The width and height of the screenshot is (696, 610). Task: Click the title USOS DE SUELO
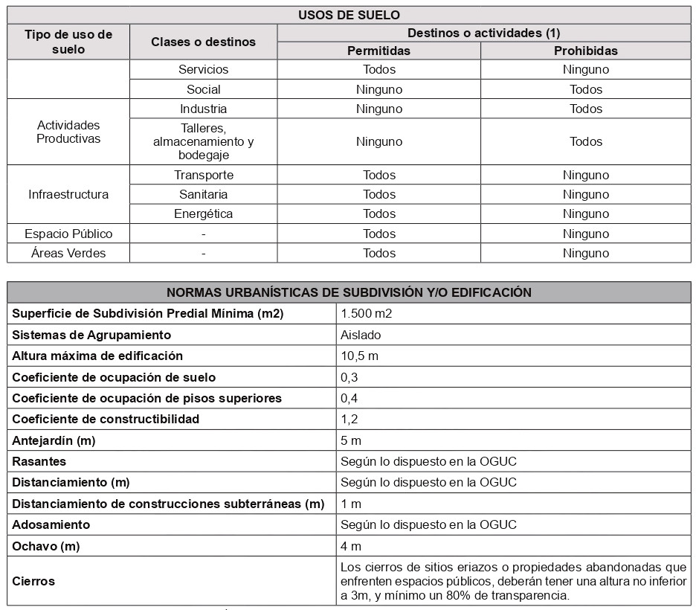pos(349,15)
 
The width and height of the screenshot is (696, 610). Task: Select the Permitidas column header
pos(378,51)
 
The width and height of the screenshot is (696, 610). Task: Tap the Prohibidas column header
pos(585,51)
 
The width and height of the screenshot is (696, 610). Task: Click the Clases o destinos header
pos(203,42)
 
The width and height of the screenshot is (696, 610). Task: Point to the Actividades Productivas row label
pos(68,132)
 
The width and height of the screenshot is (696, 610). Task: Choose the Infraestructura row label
pos(68,194)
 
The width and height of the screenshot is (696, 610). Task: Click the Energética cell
pos(203,214)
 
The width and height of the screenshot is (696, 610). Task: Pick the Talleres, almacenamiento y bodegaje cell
pos(203,141)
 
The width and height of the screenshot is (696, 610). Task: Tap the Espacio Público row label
pos(68,234)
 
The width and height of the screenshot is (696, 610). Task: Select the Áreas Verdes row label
pos(68,253)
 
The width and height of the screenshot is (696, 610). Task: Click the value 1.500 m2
pos(366,313)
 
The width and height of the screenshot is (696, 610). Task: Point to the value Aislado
pos(361,335)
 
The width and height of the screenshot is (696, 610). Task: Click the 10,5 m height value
pos(359,356)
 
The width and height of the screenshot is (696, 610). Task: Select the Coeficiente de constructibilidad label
pos(106,419)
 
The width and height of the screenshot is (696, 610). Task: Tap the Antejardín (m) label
pos(54,440)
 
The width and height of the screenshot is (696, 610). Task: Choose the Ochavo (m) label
pos(45,546)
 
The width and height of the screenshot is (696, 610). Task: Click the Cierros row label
pos(33,581)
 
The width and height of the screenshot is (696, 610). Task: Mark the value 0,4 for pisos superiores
pos(349,398)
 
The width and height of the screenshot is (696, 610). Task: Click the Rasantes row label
pos(39,461)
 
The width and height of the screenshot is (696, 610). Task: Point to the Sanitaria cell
pos(203,194)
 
